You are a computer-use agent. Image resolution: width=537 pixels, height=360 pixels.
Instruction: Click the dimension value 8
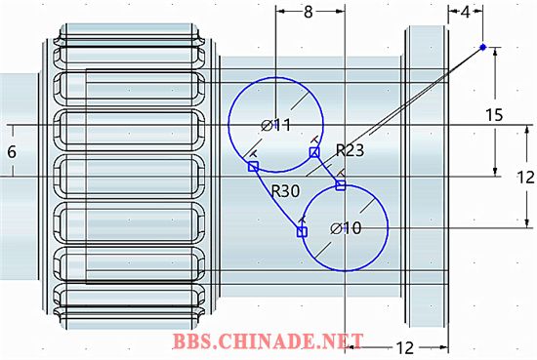[309, 12]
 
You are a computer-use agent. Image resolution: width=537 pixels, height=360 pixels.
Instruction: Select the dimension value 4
[465, 13]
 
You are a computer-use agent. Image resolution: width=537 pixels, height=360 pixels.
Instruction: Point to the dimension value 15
[494, 115]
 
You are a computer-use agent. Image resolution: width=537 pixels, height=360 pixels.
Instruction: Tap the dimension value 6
[12, 151]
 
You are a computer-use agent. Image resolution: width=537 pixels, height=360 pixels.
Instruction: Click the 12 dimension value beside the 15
[525, 178]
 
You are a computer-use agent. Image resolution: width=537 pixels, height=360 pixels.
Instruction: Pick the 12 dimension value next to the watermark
[405, 348]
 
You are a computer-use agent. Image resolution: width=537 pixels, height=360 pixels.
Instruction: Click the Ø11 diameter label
[275, 126]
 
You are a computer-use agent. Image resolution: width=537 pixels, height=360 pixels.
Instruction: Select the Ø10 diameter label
[346, 228]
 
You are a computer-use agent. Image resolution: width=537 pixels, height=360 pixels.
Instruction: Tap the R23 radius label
[350, 150]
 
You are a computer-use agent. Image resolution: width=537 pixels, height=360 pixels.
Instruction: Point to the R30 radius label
[285, 191]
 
